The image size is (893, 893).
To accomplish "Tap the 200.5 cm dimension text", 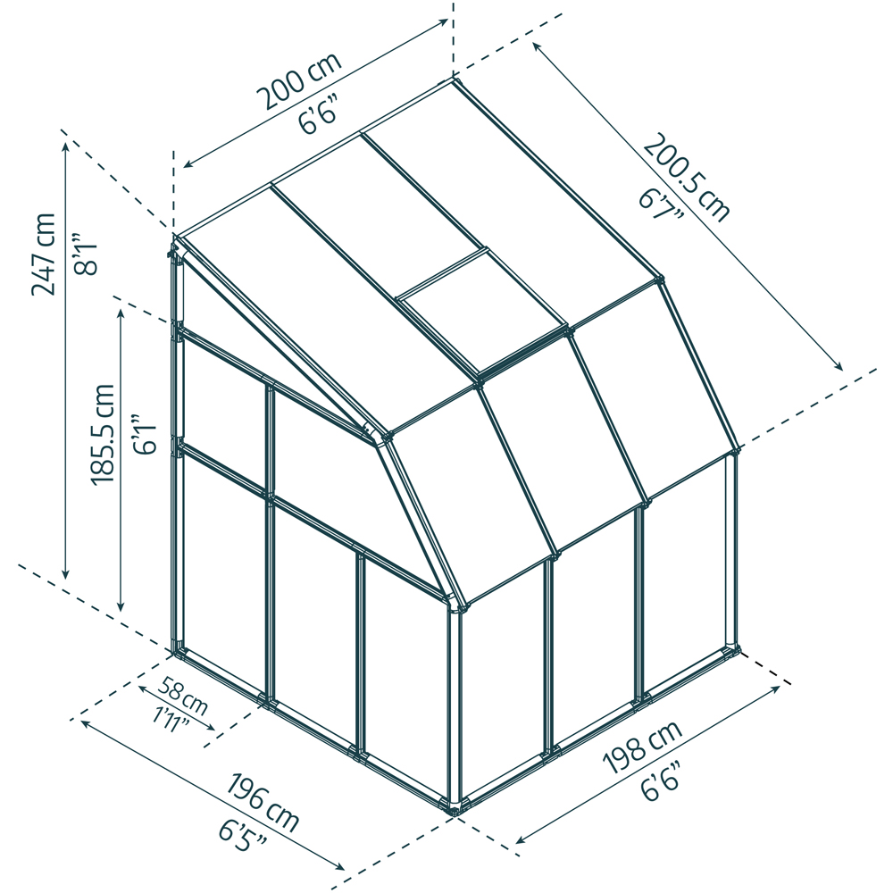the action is (687, 178).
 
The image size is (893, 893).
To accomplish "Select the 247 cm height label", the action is (43, 254).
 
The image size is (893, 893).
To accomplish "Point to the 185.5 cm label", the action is (103, 434).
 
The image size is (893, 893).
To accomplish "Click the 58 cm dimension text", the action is (182, 696).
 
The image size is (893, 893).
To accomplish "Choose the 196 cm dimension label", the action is (263, 803).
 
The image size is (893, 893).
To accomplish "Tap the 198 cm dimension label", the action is (642, 747).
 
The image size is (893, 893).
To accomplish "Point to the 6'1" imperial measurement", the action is (144, 434).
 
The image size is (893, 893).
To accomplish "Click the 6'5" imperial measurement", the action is (243, 835).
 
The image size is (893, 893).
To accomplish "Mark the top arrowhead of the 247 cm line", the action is (66, 146).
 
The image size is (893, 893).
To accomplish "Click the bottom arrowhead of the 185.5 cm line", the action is (121, 605).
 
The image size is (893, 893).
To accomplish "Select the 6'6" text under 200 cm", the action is (320, 117).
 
